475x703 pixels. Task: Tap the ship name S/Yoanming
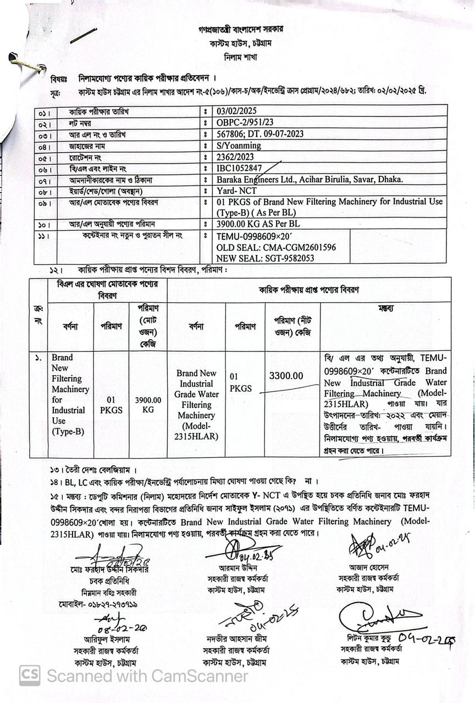pos(239,146)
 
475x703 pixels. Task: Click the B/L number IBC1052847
pos(240,169)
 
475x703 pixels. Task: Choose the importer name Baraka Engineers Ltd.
pos(258,180)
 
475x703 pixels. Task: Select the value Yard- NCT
pos(237,191)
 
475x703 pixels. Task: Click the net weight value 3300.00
pos(286,376)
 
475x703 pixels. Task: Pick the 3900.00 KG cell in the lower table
pos(148,405)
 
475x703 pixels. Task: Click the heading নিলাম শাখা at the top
pos(240,57)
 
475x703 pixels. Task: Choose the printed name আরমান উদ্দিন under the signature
pos(238,567)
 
